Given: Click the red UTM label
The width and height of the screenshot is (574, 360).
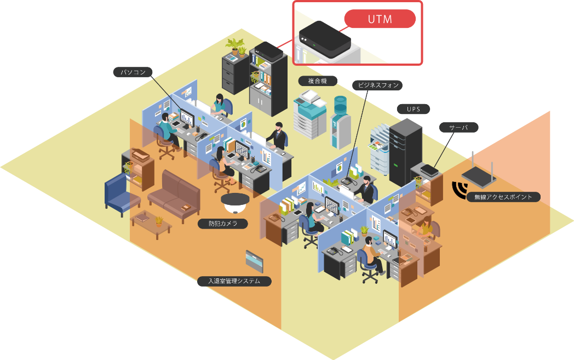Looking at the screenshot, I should (x=380, y=19).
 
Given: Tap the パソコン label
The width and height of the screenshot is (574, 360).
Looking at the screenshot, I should (x=133, y=72).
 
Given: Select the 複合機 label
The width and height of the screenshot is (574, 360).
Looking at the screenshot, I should (x=318, y=81).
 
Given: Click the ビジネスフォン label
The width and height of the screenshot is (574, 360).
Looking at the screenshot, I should (x=378, y=85).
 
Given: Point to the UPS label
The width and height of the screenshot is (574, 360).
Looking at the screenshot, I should (x=413, y=109).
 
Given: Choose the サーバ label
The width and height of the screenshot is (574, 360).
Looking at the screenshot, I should (x=458, y=127).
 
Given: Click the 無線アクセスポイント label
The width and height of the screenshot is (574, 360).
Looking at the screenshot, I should (x=503, y=197).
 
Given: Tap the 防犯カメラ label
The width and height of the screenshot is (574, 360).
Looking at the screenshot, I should (x=222, y=224).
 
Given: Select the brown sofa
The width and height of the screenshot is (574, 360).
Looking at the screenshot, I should (x=172, y=193).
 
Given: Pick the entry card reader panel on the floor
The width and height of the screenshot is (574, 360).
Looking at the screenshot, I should (x=255, y=262).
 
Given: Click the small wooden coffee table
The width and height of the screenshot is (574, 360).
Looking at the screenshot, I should (x=151, y=223).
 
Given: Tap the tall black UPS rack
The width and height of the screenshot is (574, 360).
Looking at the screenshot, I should (x=405, y=150).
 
